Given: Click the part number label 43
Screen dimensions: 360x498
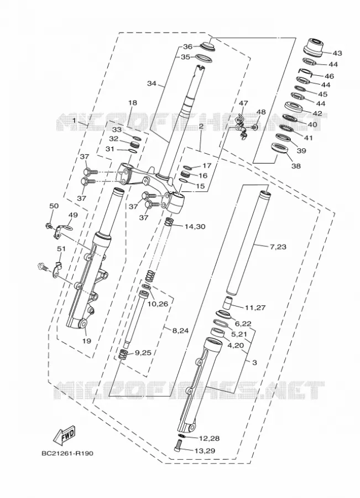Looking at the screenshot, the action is pos(337,53).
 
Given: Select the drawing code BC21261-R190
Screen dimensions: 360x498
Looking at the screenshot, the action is pos(67,453).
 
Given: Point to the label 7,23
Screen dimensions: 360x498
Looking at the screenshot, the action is pos(278,246).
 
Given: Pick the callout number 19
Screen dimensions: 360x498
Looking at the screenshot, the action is pos(87,341).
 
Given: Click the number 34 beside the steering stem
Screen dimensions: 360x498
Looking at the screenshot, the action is pos(152,84).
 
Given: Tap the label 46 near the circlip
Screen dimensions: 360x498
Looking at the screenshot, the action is pos(330,76).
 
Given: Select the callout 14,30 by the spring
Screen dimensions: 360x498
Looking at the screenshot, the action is pos(195,226).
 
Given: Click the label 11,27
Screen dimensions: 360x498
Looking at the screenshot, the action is pos(255,308).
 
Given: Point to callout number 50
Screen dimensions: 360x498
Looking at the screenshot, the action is pos(54,206).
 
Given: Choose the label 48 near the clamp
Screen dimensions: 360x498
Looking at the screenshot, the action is pos(260,112).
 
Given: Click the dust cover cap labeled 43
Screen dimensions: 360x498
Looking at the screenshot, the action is pos(314,47).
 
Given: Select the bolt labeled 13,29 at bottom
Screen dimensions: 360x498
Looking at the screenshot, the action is pos(179,445).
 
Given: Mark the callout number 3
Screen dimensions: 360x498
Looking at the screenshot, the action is pos(254,362).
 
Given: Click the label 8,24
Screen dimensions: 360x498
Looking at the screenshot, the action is pos(180,330).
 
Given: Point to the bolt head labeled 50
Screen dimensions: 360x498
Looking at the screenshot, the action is pos(49,226).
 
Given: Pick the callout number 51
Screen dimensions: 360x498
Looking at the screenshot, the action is pos(61,248).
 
